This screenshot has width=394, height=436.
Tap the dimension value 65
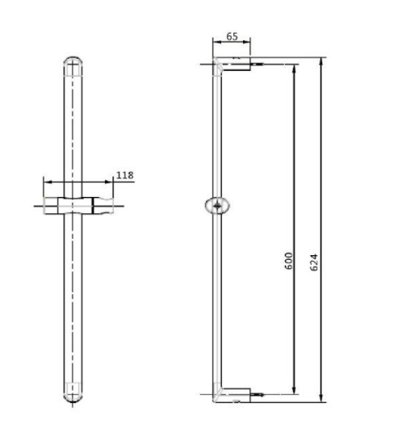pos(232,37)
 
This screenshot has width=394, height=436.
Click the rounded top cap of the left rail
pos(74,64)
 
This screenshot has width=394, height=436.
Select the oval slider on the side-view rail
pos(219,206)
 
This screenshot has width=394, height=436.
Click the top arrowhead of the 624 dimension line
pos(323,60)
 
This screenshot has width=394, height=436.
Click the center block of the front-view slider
pos(74,204)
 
